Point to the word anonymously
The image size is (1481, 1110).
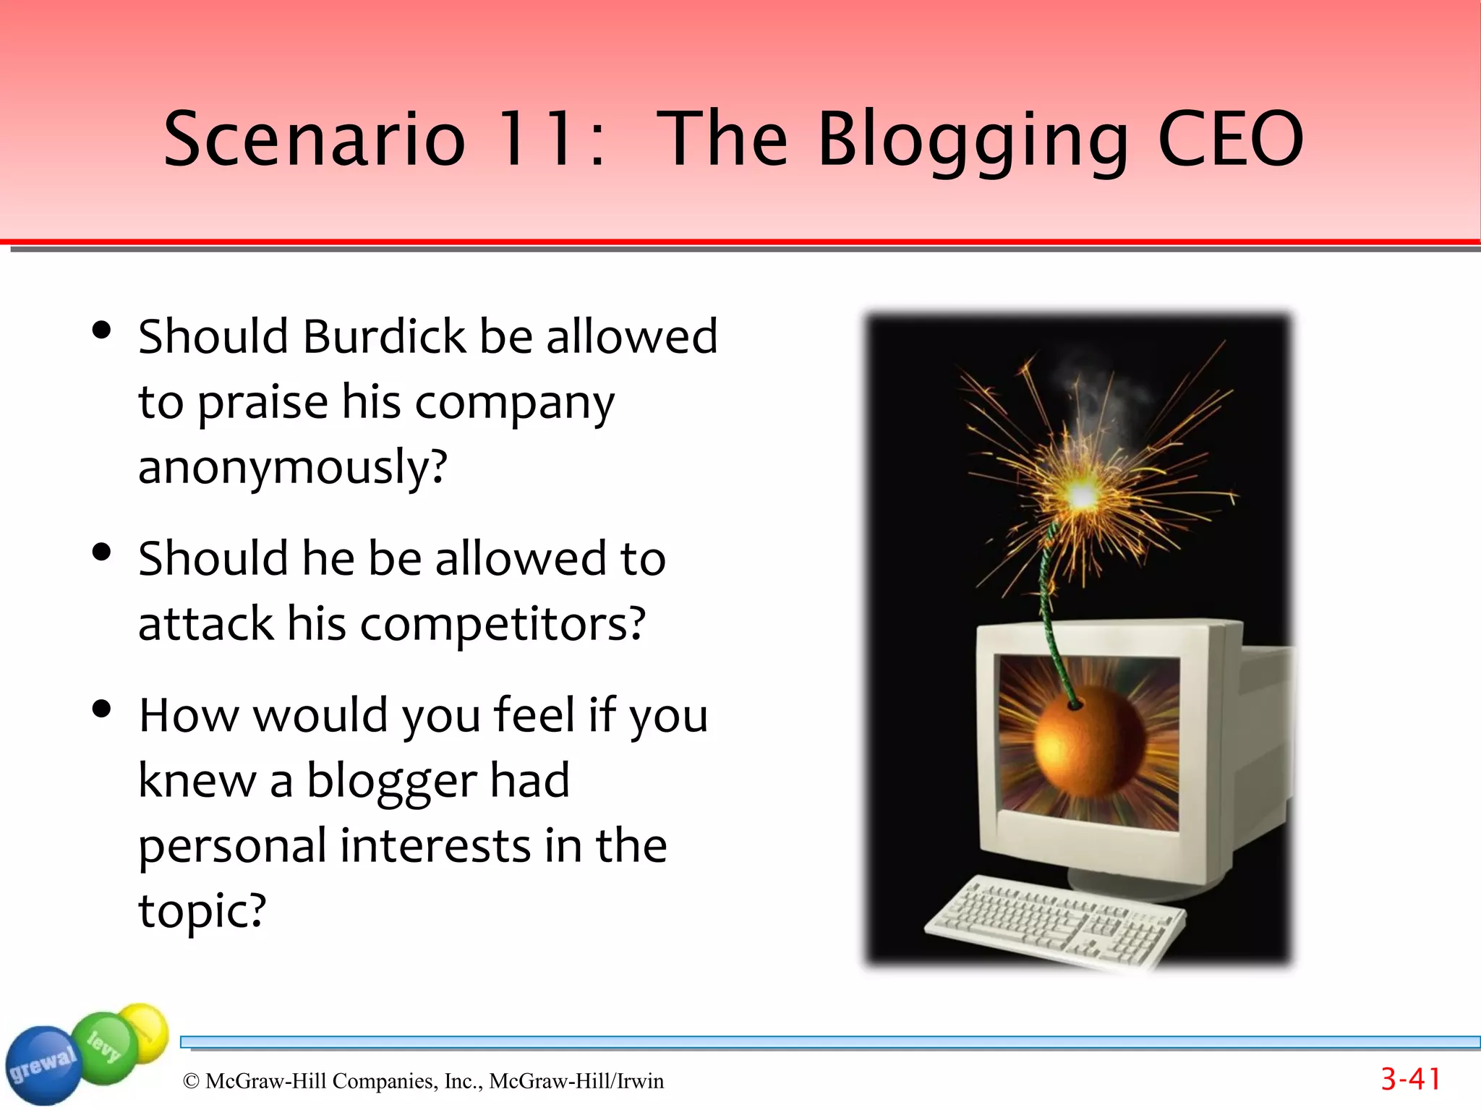point(292,467)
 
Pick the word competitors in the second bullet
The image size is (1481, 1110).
point(502,623)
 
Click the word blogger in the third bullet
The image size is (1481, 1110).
point(391,781)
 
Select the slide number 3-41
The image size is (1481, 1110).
point(1410,1080)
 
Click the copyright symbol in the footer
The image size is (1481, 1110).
point(191,1081)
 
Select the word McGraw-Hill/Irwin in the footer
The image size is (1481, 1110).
point(576,1081)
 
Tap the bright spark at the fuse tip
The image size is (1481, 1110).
point(1082,495)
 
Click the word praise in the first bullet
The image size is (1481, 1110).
point(263,402)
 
